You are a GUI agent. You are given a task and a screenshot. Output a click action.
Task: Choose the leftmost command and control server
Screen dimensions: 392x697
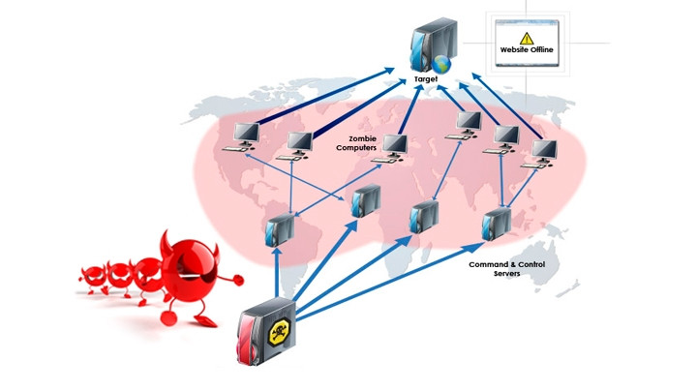pos(279,229)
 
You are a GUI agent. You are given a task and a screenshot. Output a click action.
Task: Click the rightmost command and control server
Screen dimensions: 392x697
pos(498,224)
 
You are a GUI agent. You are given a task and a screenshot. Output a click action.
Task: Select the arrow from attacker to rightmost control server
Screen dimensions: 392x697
pos(397,282)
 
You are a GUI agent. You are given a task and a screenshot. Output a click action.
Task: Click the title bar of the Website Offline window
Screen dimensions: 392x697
pos(528,19)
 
